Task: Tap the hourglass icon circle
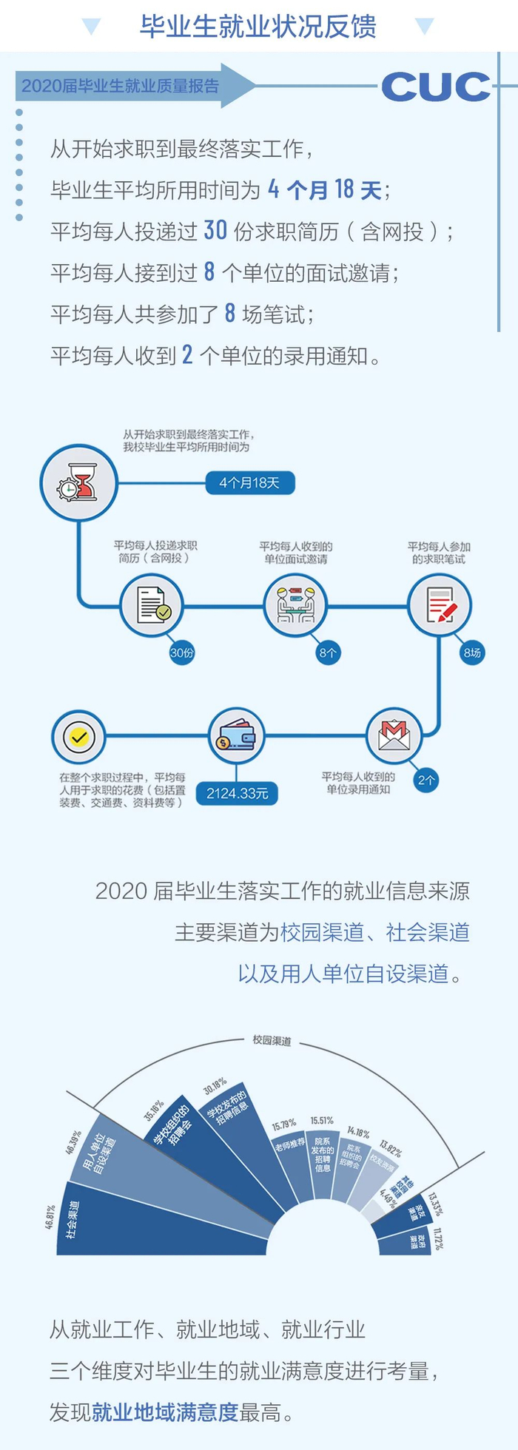pyautogui.click(x=78, y=483)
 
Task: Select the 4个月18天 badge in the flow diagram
pyautogui.click(x=249, y=483)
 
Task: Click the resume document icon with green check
pyautogui.click(x=152, y=606)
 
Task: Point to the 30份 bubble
pyautogui.click(x=182, y=652)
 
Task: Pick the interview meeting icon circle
pyautogui.click(x=296, y=606)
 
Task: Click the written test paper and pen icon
pyautogui.click(x=440, y=606)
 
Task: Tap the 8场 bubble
pyautogui.click(x=472, y=652)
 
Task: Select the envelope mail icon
pyautogui.click(x=394, y=736)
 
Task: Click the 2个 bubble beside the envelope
pyautogui.click(x=426, y=780)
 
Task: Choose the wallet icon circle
pyautogui.click(x=235, y=736)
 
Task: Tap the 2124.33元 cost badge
pyautogui.click(x=237, y=793)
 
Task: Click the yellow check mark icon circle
pyautogui.click(x=78, y=737)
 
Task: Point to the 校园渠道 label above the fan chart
pyautogui.click(x=272, y=1040)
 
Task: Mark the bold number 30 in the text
pyautogui.click(x=215, y=231)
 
